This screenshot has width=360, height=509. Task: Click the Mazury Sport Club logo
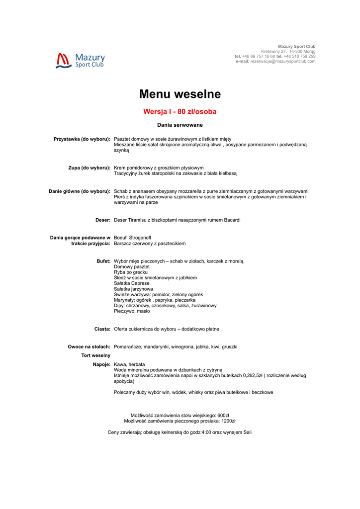coord(81,61)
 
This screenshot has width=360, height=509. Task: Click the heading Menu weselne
coord(180,94)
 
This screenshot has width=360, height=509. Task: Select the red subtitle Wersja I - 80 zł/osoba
coord(180,112)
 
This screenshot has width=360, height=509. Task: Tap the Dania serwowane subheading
coord(180,125)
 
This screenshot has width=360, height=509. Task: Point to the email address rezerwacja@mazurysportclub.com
coord(283,62)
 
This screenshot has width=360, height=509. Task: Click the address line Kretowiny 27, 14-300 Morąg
coord(288,52)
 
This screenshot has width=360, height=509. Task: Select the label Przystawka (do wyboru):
coord(82,139)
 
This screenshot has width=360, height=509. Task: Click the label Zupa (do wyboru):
coord(89,168)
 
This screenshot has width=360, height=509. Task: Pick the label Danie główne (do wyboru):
coord(80,191)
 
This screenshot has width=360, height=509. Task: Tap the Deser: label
coord(103,220)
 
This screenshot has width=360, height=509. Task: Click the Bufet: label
coord(103,261)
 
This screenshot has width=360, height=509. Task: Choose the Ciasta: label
coord(102,329)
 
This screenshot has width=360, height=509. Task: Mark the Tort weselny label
coord(96,356)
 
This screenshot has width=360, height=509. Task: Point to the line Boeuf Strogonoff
coord(133,238)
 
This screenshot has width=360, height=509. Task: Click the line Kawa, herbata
coord(129,365)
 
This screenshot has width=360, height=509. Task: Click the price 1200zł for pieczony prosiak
coord(228,421)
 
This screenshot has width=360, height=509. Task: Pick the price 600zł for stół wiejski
coord(223,416)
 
